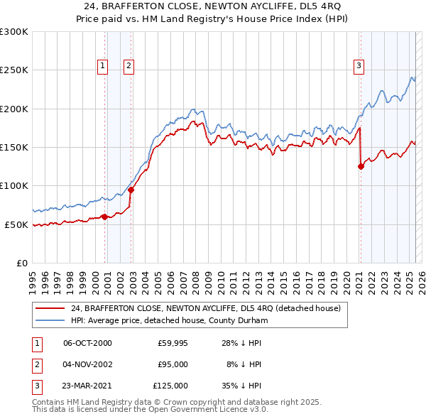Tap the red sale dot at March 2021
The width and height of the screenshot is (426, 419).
click(x=361, y=167)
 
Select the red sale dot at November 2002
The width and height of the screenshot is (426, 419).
click(x=131, y=190)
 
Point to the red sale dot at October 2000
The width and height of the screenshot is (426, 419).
click(x=104, y=217)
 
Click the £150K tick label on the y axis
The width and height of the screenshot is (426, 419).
click(x=13, y=147)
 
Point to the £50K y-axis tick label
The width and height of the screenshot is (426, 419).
click(x=16, y=224)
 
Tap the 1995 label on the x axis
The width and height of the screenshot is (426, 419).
click(x=33, y=278)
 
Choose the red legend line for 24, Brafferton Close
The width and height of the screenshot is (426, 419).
click(x=50, y=309)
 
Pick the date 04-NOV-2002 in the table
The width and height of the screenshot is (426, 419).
click(x=87, y=364)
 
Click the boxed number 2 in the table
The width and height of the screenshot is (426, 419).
click(x=35, y=364)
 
